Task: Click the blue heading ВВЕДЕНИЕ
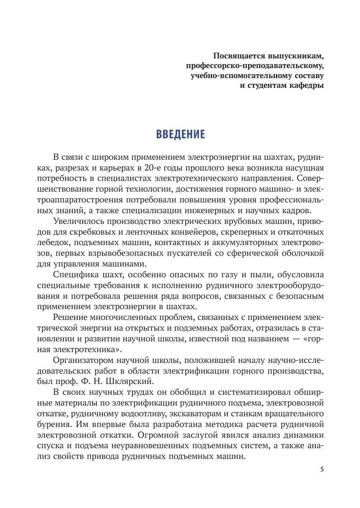click(180, 134)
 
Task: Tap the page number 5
click(322, 469)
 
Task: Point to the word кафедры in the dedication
click(306, 85)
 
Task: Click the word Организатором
click(81, 360)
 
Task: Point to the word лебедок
click(50, 243)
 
